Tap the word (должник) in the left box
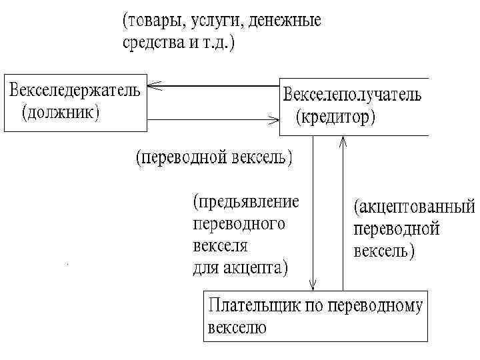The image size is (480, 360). tap(61, 113)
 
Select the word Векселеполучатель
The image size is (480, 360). tap(353, 95)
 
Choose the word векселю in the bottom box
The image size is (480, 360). tap(237, 328)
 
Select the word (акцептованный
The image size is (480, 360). tap(413, 207)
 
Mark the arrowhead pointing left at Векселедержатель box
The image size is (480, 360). tap(152, 85)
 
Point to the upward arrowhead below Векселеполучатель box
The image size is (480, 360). tap(343, 141)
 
